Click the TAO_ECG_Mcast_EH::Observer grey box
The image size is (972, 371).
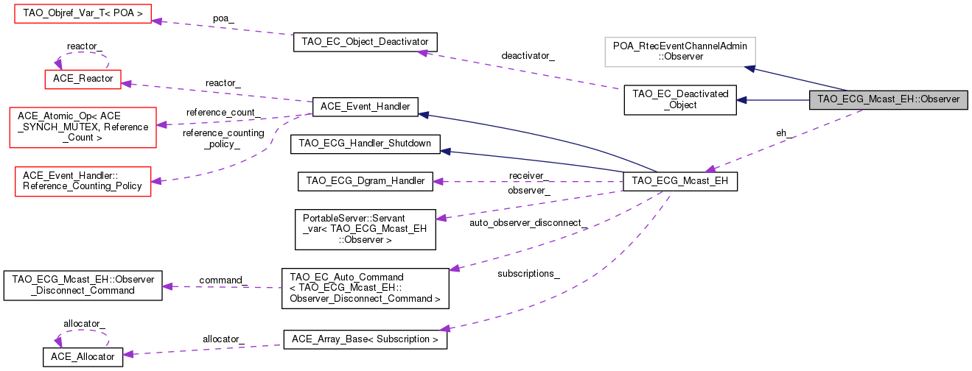888,100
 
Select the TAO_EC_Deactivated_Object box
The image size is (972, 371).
680,100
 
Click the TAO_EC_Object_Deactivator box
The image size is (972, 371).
366,41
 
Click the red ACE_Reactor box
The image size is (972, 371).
83,78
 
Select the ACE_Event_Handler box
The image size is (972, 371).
366,107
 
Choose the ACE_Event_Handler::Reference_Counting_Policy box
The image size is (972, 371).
83,181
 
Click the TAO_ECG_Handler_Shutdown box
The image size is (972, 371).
366,144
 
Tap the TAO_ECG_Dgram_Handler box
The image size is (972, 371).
366,180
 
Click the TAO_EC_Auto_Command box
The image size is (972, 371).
366,287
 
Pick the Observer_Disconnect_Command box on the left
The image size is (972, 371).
83,285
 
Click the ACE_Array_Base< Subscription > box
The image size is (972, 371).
366,340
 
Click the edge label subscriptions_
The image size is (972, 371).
528,274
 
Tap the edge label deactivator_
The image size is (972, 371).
528,56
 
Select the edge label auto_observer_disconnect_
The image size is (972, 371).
528,222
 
